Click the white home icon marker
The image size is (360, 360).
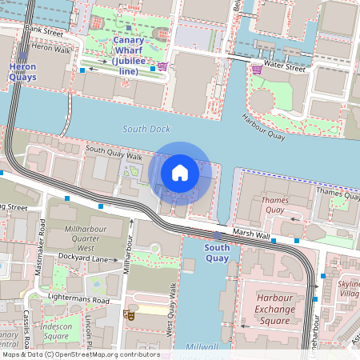click(x=180, y=172)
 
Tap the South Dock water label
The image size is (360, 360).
click(x=147, y=129)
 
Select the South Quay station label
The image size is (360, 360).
click(x=217, y=253)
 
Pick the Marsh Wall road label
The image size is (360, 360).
click(x=249, y=234)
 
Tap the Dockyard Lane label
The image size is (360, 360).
click(x=82, y=258)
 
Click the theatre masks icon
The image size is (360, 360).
click(x=126, y=315)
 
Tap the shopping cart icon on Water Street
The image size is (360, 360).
click(x=257, y=69)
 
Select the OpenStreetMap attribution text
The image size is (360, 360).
click(x=80, y=354)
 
